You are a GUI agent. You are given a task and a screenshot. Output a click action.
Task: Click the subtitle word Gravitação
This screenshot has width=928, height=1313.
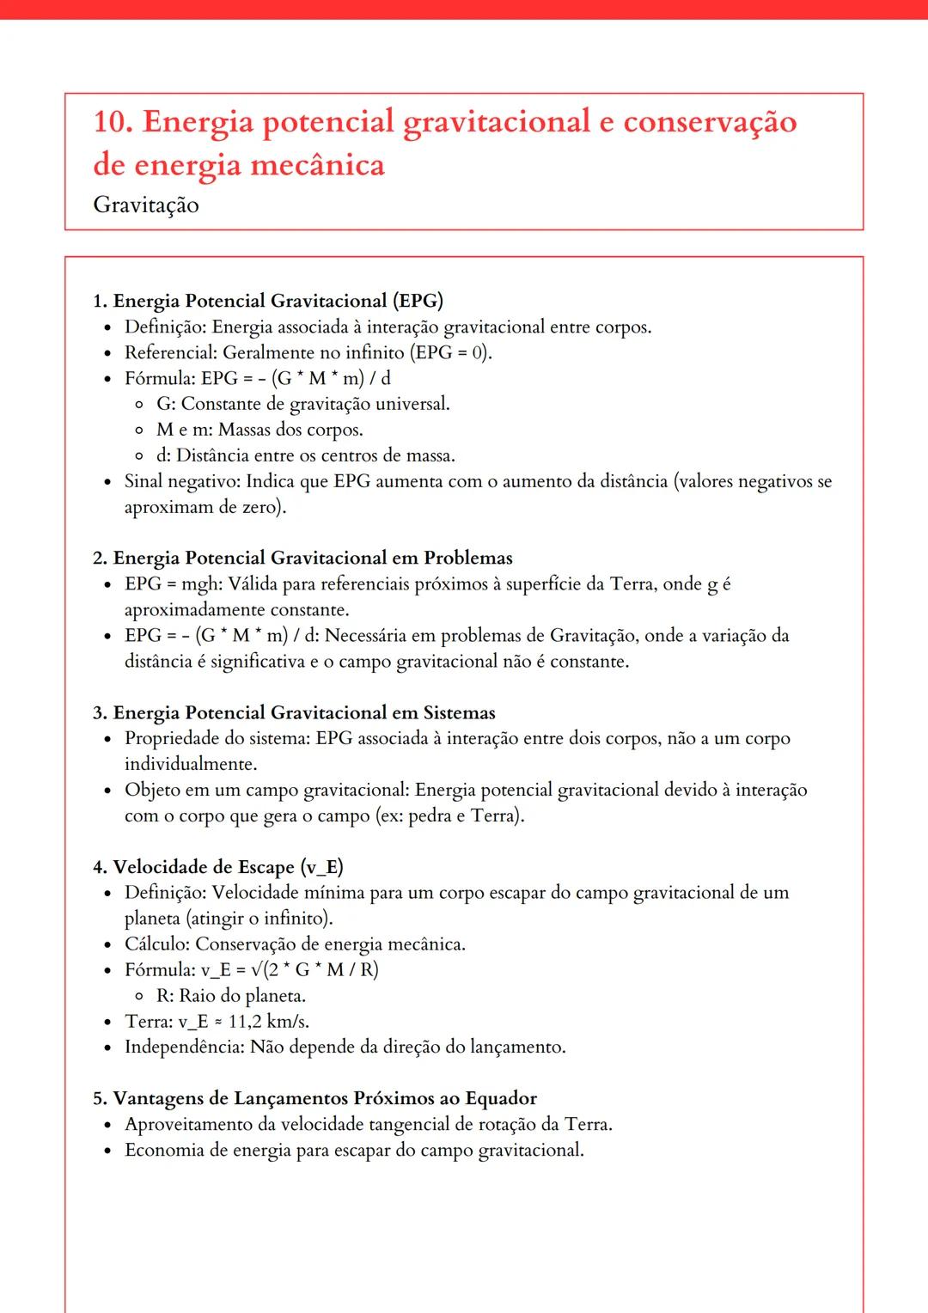[x=146, y=205]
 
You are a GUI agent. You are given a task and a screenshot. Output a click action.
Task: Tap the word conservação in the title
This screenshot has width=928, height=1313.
[x=710, y=122]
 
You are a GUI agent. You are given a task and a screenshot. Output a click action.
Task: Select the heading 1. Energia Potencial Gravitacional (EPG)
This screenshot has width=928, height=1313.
[x=268, y=301]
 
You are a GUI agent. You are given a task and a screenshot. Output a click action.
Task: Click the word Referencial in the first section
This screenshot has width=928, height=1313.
[x=168, y=352]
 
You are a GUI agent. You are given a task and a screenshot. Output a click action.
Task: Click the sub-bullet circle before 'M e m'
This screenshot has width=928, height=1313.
[x=139, y=430]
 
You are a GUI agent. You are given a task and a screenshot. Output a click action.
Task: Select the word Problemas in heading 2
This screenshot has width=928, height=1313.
[x=467, y=558]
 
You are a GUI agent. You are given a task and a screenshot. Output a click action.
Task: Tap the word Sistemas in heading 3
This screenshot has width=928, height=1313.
[x=459, y=712]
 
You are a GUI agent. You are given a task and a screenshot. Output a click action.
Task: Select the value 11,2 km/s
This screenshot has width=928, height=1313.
[x=268, y=1022]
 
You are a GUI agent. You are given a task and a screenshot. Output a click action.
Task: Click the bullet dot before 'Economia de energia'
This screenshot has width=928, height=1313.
[x=107, y=1151]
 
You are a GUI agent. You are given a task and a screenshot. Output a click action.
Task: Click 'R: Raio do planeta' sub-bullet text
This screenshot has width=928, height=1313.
[x=230, y=996]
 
